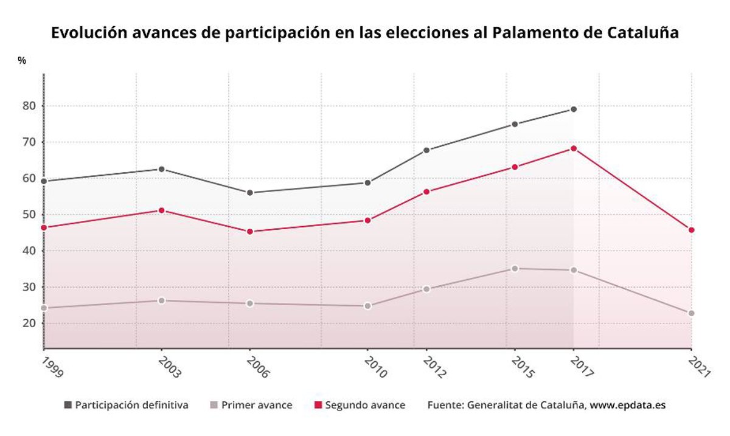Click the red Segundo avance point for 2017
573,148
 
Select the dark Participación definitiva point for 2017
573,109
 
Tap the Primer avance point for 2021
691,313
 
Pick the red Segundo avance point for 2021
691,230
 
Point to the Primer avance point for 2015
515,268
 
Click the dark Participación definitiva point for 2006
249,193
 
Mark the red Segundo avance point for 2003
161,210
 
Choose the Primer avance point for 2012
426,289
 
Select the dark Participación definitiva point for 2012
426,150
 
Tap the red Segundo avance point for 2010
367,220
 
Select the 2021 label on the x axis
700,367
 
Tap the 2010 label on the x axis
375,367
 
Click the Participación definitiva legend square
68,405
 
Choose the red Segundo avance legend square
317,405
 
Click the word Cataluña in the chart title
643,32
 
